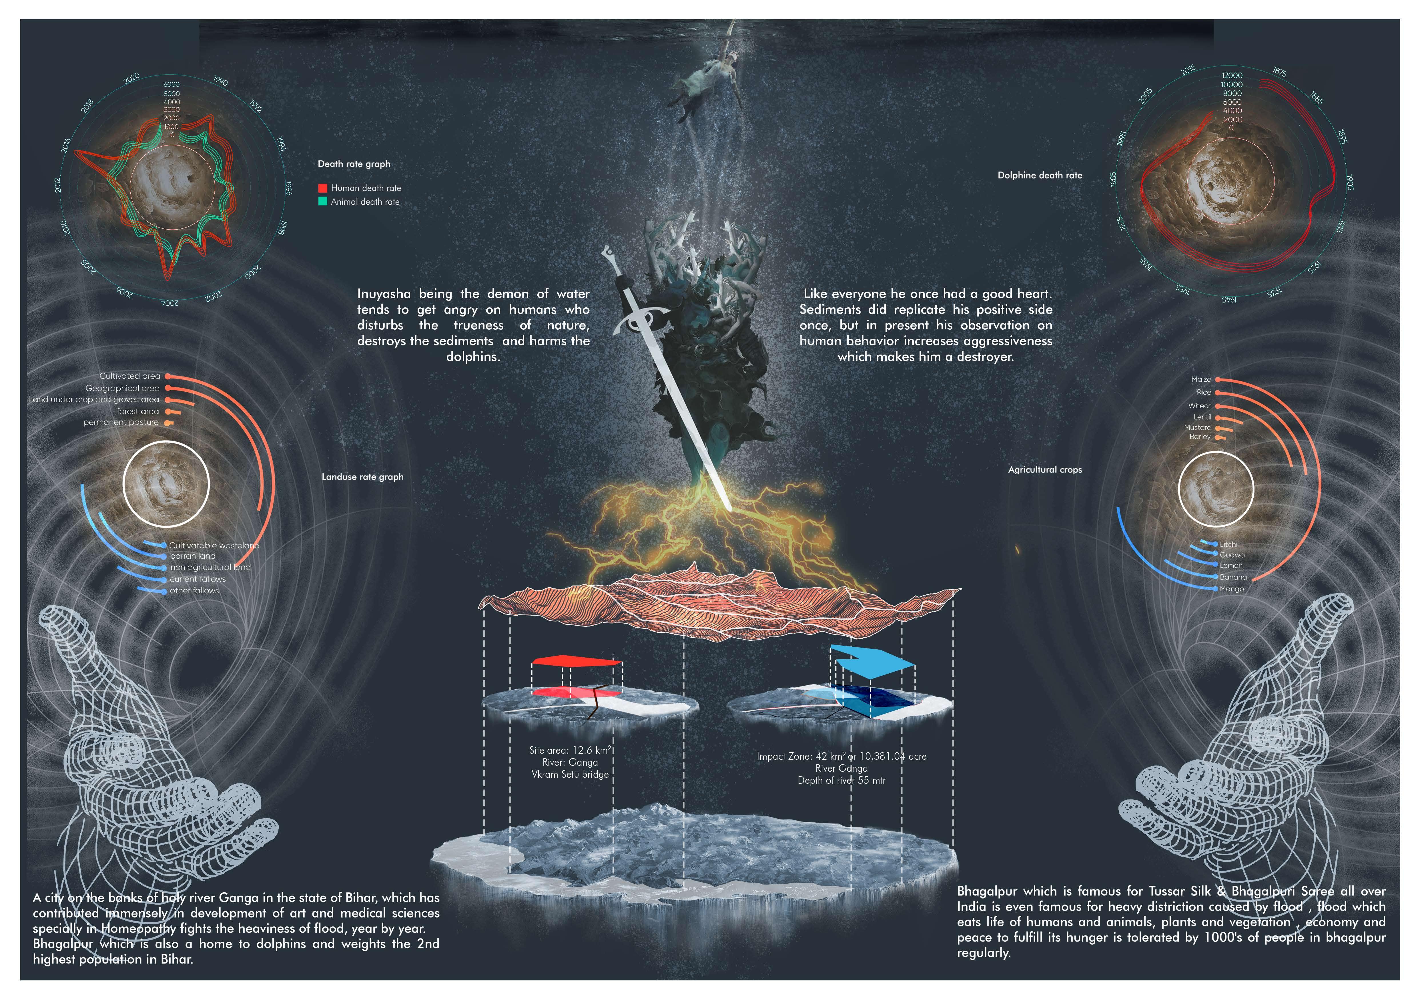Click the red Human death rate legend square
(x=322, y=188)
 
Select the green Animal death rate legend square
(x=322, y=201)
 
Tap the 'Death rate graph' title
(x=354, y=164)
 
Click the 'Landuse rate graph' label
(x=362, y=477)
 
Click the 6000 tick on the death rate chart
(x=172, y=85)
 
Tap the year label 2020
(x=131, y=79)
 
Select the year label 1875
(x=1279, y=72)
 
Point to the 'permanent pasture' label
(x=121, y=423)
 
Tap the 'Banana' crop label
(x=1233, y=577)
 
